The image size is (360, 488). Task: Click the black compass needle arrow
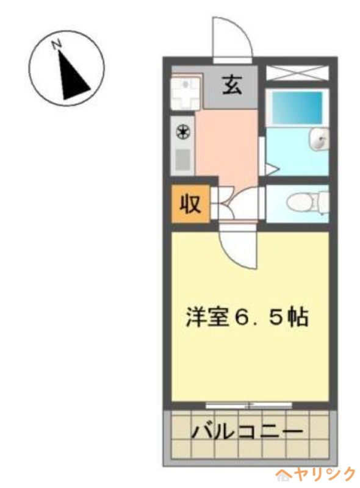coord(72,74)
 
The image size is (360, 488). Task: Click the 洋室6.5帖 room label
coord(247,317)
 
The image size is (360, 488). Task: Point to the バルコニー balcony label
coord(248,434)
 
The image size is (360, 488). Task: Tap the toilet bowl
coord(303,201)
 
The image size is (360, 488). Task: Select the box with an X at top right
coord(297,71)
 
